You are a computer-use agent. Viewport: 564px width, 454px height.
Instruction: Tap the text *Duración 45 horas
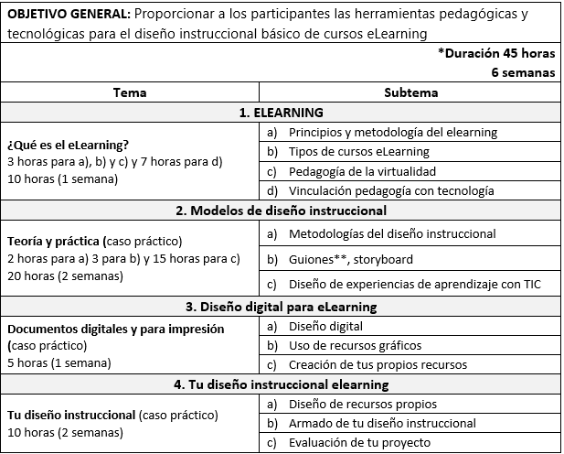click(x=495, y=54)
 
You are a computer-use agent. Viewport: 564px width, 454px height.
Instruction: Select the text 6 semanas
click(x=523, y=73)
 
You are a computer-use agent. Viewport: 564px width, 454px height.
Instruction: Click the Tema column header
click(x=130, y=92)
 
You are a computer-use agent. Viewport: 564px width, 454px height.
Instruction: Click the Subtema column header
click(x=410, y=92)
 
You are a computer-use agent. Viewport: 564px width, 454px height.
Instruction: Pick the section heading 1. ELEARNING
click(x=282, y=113)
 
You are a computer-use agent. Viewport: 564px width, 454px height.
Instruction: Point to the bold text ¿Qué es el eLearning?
click(x=68, y=145)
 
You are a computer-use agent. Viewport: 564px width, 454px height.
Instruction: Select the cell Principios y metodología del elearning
click(x=393, y=133)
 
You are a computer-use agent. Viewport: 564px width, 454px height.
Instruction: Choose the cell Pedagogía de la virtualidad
click(x=362, y=171)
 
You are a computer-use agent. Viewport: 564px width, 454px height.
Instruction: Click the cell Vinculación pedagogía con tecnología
click(x=391, y=191)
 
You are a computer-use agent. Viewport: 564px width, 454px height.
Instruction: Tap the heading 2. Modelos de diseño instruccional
click(x=282, y=211)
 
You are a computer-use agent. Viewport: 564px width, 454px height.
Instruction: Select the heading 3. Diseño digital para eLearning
click(x=282, y=307)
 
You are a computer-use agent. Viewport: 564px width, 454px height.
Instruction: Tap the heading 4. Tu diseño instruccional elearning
click(x=282, y=384)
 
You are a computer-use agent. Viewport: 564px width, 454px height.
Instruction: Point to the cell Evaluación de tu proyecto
click(x=359, y=443)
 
